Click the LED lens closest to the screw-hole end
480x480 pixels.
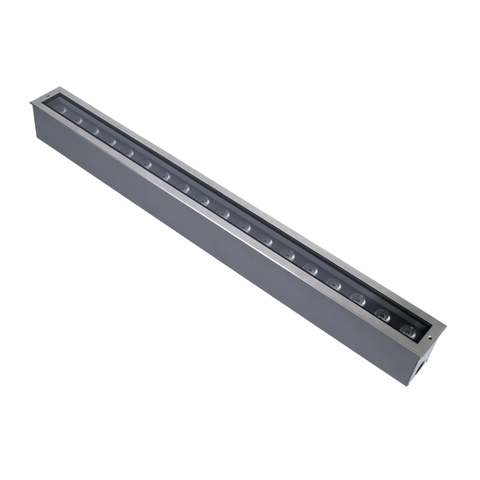coord(407,329)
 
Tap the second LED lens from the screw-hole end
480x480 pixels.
coord(382,314)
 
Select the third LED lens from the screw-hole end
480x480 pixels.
coord(357,299)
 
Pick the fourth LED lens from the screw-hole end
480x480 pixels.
coord(333,284)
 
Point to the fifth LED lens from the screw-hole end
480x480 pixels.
coord(311,270)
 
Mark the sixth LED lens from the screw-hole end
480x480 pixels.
coord(289,257)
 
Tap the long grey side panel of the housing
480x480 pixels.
coord(220,250)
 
